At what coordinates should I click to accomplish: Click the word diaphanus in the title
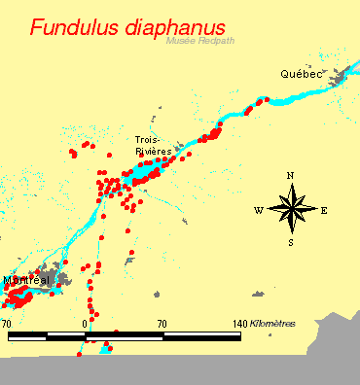(x=173, y=28)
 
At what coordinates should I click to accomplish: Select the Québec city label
(x=300, y=74)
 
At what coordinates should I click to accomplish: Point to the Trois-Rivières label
(x=154, y=146)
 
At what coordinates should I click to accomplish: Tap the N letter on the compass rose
(x=291, y=176)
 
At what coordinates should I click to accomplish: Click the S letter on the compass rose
(x=291, y=243)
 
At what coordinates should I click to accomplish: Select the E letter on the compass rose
(x=324, y=210)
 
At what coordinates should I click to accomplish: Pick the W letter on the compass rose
(x=258, y=210)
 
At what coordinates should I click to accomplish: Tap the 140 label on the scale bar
(x=239, y=323)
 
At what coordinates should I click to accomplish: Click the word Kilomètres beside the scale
(x=273, y=323)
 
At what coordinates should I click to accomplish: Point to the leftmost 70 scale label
(x=7, y=323)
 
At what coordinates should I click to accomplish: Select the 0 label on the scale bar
(x=87, y=323)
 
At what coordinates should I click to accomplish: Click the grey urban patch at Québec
(x=341, y=77)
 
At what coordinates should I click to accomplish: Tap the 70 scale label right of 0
(x=162, y=323)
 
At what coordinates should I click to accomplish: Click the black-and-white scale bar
(x=125, y=336)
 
